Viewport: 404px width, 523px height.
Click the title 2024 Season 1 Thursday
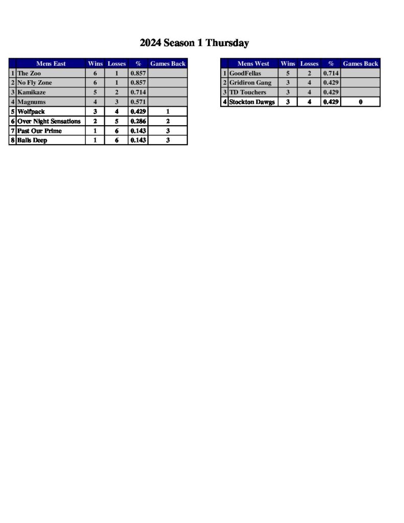pos(194,43)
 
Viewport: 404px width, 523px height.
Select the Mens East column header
pos(51,64)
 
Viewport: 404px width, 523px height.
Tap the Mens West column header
pos(253,64)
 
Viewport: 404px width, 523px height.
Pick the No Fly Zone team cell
pos(35,83)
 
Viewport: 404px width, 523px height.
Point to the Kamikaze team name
pos(32,92)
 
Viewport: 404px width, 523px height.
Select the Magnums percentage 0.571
pos(138,102)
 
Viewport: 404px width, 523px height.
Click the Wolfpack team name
pos(31,111)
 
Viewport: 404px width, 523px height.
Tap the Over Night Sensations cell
pos(49,121)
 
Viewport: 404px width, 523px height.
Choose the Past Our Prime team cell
pos(39,131)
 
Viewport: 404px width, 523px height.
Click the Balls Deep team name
pos(32,140)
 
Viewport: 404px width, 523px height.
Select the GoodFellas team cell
pos(245,74)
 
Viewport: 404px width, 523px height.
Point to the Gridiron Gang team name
pos(250,83)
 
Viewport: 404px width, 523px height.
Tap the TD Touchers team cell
pos(248,92)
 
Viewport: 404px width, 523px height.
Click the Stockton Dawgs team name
pos(252,102)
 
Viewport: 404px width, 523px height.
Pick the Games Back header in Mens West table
pos(361,64)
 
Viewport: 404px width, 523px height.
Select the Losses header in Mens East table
pos(116,64)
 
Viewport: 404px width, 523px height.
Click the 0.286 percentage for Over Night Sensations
pos(138,121)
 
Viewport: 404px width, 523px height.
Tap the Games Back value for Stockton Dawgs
pos(361,102)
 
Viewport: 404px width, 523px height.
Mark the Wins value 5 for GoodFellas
pos(288,74)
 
